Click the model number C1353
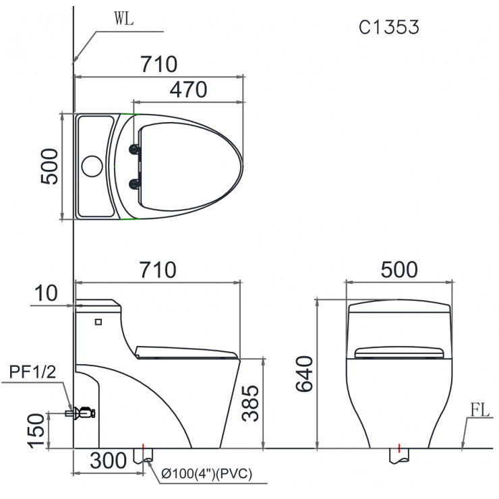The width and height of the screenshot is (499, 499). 389,27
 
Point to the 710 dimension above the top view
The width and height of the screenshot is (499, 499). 158,65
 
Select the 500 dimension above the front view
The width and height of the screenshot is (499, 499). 399,270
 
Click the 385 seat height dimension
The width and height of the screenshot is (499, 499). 250,403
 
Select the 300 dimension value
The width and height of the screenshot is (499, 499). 108,461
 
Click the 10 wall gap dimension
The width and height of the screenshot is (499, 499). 47,293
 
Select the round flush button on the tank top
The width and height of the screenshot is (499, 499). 92,166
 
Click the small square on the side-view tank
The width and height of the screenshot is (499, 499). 99,322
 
